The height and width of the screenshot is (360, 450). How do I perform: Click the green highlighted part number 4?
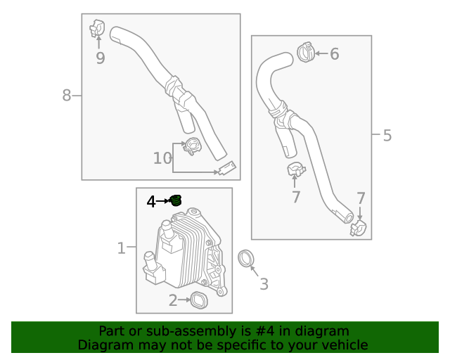[x=176, y=201]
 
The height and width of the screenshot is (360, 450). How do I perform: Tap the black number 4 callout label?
[x=151, y=202]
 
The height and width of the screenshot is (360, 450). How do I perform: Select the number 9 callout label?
[x=100, y=58]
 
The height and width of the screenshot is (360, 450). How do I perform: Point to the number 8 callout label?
[x=67, y=95]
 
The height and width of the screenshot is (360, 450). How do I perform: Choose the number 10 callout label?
[x=162, y=158]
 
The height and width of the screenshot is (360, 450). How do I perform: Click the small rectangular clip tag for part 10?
[x=226, y=169]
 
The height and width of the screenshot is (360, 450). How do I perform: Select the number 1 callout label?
[x=121, y=247]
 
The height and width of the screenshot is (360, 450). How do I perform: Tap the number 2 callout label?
[x=173, y=301]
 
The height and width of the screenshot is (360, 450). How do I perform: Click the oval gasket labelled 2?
[x=200, y=300]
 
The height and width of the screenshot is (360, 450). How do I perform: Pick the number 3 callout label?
[x=264, y=284]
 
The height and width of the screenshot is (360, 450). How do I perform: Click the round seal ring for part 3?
[x=247, y=259]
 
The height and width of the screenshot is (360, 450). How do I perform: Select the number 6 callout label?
[x=334, y=53]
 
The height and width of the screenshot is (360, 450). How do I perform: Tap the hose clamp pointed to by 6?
[x=306, y=51]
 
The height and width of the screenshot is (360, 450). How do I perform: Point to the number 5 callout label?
[x=387, y=135]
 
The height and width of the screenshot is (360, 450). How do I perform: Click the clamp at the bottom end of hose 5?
[x=359, y=227]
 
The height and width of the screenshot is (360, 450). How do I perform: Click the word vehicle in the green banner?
[x=343, y=345]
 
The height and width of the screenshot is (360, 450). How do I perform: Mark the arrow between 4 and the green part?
[x=163, y=201]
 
